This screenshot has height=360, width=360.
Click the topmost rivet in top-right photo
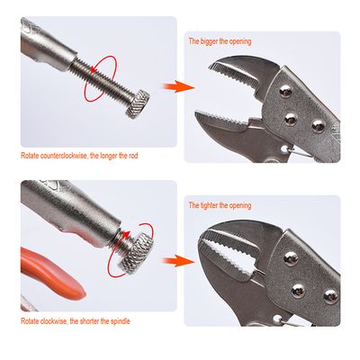[285, 89]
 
